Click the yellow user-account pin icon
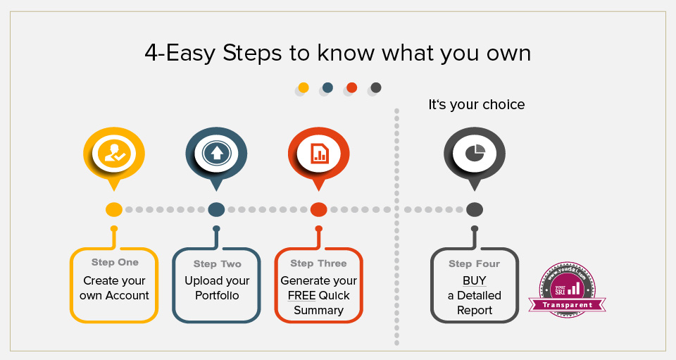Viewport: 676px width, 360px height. point(114,154)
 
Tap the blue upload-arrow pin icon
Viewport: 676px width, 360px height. point(216,153)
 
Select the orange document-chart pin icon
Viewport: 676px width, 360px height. point(318,153)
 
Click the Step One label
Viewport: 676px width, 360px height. point(115,263)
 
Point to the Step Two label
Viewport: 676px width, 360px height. point(217,264)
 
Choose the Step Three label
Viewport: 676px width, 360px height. point(318,263)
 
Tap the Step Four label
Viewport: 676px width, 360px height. point(474,264)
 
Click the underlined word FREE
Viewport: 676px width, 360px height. point(301,296)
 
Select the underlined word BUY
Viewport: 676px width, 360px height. point(474,281)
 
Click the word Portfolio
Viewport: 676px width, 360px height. point(217,296)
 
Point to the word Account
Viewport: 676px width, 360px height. point(127,296)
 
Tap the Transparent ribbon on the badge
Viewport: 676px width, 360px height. point(571,305)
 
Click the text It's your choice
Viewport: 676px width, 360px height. point(477,105)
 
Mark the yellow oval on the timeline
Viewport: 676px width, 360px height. point(114,210)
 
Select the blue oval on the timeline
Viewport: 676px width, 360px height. point(217,210)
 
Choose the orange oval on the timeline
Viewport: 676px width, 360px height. point(318,210)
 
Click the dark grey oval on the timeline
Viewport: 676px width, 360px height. point(475,210)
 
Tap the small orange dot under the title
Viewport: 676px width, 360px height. point(352,87)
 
